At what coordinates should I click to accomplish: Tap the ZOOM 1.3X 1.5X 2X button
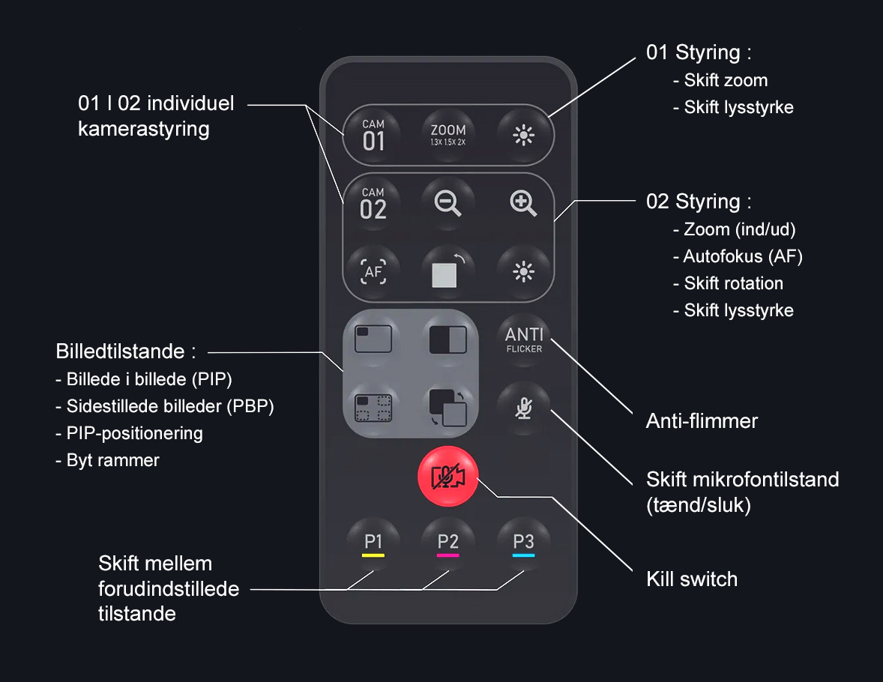448,135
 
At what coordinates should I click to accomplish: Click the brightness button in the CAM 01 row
524,135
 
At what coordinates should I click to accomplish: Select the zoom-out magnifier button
448,203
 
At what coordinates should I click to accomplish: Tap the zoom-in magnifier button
524,203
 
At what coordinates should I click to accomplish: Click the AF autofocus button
373,272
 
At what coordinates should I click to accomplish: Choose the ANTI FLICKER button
524,340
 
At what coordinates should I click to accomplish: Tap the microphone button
524,408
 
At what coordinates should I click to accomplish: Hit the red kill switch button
448,477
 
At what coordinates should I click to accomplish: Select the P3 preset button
524,543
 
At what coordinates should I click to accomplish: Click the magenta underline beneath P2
448,555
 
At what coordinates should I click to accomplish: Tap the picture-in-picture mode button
373,340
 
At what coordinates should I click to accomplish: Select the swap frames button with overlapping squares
448,408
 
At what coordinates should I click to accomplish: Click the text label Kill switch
692,579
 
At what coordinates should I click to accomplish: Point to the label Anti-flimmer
702,420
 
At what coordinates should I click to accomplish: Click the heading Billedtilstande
120,351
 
